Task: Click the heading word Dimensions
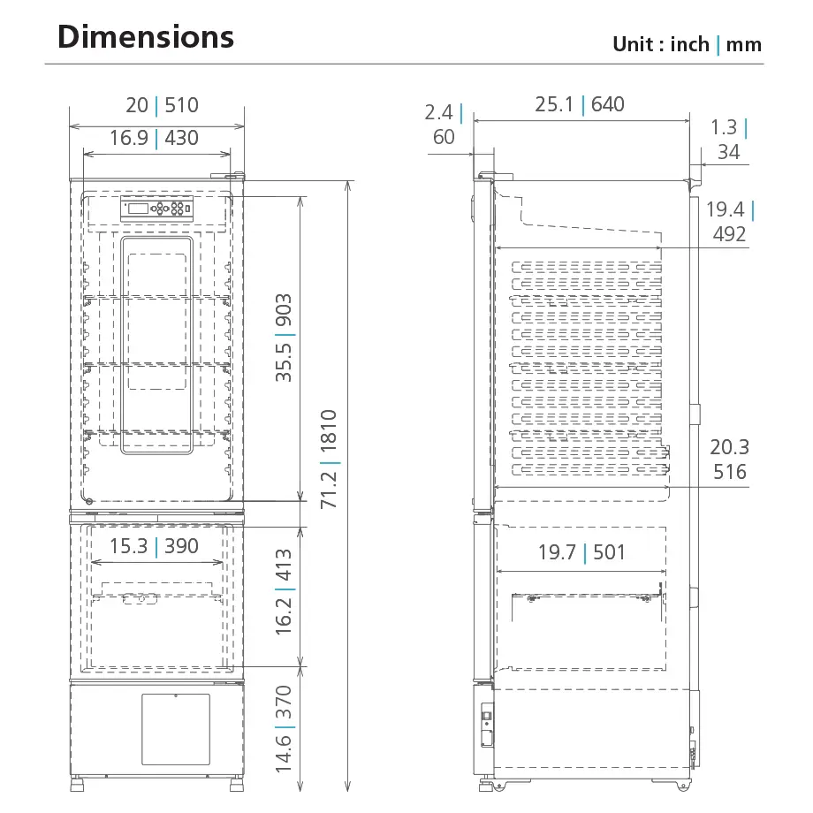145,37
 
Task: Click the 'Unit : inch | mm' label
687,44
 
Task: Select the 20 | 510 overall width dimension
162,105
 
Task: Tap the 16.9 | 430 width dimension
154,138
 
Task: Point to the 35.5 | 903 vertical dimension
284,338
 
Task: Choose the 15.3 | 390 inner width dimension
154,546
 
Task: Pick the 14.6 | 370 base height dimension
284,729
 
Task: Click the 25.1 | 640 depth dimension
580,104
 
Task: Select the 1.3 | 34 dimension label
728,140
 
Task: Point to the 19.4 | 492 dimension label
728,222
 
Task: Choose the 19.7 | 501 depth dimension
581,553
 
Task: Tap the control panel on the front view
156,209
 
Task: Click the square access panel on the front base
176,729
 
